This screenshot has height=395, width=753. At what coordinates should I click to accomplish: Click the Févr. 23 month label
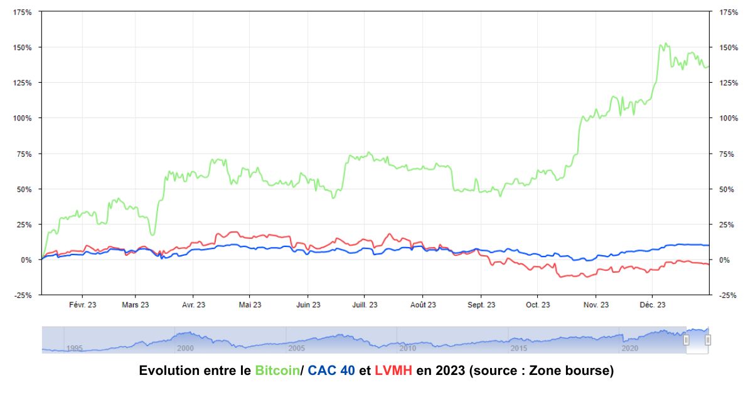tap(83, 305)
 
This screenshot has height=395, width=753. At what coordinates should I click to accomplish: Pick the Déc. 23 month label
tap(653, 305)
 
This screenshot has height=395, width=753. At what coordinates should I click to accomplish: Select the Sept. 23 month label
tap(481, 305)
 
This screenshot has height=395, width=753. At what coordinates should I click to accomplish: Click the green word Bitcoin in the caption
tap(277, 371)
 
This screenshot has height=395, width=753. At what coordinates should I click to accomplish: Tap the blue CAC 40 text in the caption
tap(331, 371)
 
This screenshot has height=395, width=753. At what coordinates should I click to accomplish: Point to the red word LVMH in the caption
tap(393, 371)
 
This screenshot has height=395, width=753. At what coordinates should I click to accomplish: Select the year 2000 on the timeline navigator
tap(185, 348)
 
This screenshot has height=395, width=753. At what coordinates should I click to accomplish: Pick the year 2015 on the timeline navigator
tap(519, 348)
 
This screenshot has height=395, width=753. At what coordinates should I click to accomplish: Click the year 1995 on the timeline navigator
tap(74, 348)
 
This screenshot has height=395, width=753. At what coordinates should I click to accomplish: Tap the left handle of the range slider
tap(686, 340)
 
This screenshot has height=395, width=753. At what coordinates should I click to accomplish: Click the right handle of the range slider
tap(708, 340)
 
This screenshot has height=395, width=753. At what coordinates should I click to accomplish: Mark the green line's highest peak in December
tap(665, 43)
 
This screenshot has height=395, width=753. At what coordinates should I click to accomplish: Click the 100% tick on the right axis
tap(728, 118)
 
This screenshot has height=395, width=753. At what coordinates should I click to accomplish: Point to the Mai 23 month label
tap(250, 305)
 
